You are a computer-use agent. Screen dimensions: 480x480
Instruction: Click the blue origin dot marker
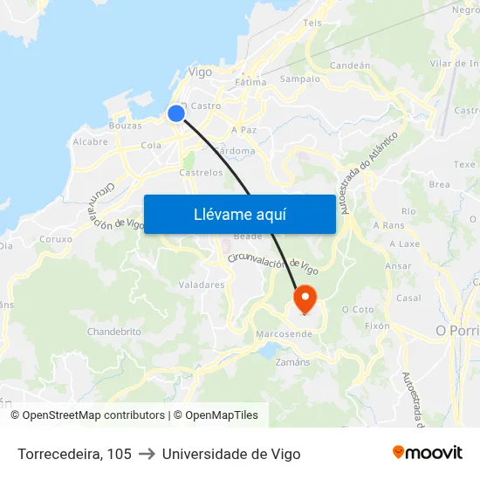[176, 113]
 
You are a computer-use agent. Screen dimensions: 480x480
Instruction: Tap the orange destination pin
[305, 299]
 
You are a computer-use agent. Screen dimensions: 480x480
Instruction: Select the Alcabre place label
[90, 141]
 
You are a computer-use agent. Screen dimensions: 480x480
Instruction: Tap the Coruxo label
[56, 238]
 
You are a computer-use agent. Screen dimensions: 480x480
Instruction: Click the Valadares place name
[202, 285]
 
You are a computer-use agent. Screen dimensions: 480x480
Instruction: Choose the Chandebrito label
[114, 332]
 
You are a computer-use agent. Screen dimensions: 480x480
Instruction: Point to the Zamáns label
[292, 361]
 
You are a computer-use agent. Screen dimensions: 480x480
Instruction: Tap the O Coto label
[358, 309]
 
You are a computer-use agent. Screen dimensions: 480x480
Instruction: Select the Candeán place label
[351, 65]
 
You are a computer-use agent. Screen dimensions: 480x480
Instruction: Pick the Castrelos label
[201, 173]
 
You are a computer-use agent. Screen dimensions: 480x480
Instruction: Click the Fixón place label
[377, 326]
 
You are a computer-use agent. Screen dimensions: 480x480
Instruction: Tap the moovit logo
[427, 453]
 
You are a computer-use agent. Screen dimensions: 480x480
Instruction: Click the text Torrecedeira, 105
[74, 454]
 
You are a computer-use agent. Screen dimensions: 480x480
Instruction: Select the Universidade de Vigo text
[231, 454]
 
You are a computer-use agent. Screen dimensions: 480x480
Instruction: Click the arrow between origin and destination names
[147, 454]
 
